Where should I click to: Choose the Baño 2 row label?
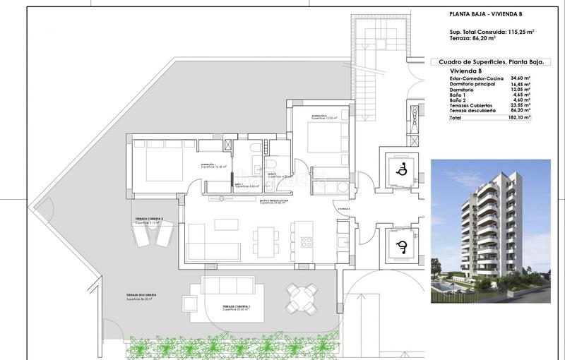[x=459, y=100]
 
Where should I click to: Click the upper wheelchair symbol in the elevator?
[x=400, y=169]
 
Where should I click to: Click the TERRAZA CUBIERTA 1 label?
[x=237, y=307]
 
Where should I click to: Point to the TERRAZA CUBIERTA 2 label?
[x=150, y=220]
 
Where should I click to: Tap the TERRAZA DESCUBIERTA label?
[x=141, y=295]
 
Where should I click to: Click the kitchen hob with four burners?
[x=307, y=242]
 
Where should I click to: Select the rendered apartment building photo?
[x=490, y=231]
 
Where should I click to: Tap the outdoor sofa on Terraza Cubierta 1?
[x=227, y=285]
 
